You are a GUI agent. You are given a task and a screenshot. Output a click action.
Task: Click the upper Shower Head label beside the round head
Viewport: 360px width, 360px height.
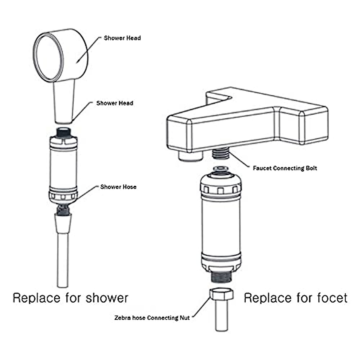click(x=122, y=38)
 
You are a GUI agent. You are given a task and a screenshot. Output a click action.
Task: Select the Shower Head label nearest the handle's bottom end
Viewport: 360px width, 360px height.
click(x=115, y=103)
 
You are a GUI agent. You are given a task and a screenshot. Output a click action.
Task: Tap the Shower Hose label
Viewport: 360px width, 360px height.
click(x=118, y=187)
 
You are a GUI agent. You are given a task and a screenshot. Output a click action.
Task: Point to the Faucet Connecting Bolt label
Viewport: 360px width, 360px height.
click(x=285, y=168)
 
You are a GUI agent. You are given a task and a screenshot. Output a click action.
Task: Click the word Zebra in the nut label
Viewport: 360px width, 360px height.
click(x=122, y=318)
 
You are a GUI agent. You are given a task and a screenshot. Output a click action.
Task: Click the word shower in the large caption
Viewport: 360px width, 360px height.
click(x=107, y=298)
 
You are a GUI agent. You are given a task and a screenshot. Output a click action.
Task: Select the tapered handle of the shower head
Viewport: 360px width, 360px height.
click(x=64, y=103)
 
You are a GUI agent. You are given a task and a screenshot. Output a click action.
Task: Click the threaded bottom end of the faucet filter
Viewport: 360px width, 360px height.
click(x=221, y=277)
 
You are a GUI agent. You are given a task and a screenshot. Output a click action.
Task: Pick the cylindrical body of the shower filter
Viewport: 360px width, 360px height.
click(x=63, y=168)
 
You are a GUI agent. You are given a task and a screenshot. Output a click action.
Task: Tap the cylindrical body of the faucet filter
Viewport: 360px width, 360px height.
click(x=221, y=225)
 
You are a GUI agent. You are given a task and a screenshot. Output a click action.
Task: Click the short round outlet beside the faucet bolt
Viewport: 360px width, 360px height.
click(x=191, y=156)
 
